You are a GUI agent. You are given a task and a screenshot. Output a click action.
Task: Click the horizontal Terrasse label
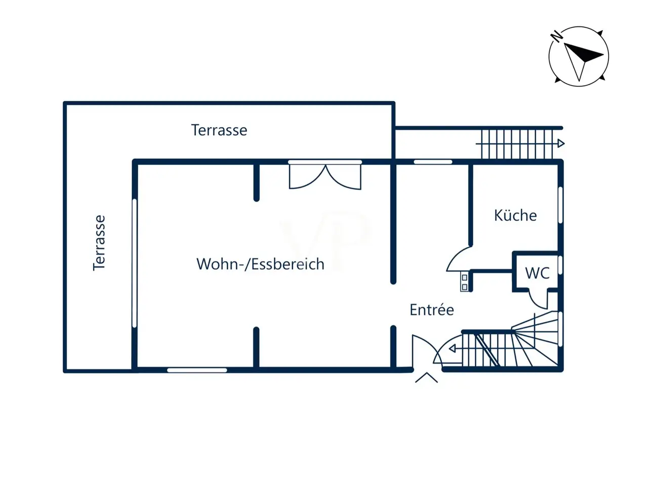pos(219,130)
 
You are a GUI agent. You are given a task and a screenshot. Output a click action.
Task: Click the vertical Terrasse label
pos(99,242)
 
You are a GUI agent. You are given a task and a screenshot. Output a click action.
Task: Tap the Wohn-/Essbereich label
pos(260,264)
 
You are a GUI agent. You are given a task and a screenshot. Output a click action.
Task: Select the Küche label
pos(515,215)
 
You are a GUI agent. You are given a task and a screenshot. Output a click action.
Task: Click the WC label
pos(537,273)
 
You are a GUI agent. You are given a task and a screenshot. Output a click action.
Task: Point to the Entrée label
pos(432,310)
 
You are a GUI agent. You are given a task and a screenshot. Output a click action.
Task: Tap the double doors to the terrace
pos(325,177)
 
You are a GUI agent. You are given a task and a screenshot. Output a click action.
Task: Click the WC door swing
pos(538,300)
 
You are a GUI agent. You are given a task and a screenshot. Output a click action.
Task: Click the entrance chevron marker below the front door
pos(426,378)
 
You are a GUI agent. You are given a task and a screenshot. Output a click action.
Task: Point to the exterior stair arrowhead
pos(561,144)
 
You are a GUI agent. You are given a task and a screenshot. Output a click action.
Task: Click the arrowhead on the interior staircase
pos(452,349)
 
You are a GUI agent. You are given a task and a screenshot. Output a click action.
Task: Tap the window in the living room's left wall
pos(135,263)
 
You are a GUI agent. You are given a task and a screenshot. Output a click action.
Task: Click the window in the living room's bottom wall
pos(197,370)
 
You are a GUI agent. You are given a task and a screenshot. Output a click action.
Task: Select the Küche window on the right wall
pos(560,205)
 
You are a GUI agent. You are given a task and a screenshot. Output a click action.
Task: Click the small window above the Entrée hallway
pos(433,161)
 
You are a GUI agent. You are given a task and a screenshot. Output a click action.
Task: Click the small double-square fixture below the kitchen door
pos(464,282)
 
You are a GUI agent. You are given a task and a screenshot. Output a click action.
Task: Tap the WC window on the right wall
pos(560,265)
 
